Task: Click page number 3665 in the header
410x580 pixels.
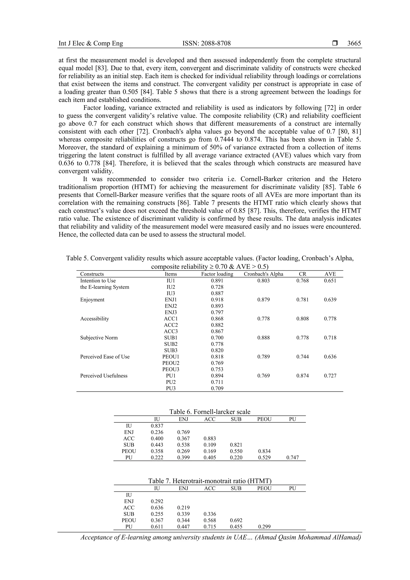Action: pos(354,43)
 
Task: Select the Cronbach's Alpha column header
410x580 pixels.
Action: pos(263,274)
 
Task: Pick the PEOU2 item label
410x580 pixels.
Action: pos(171,363)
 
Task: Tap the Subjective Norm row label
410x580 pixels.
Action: pos(99,338)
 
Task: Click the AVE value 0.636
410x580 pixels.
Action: pos(330,357)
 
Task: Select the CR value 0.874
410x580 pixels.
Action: pos(302,376)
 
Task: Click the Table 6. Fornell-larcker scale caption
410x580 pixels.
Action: pos(210,412)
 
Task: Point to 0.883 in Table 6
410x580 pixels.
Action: pos(210,439)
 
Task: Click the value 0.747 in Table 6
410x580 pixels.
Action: pos(292,457)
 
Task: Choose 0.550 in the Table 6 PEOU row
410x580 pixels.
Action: pos(236,451)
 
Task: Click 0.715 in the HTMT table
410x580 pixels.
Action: pos(210,527)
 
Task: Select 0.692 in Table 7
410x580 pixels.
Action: pos(236,520)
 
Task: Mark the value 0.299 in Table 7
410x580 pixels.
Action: pos(264,527)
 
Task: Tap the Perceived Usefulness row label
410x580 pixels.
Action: pos(104,376)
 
